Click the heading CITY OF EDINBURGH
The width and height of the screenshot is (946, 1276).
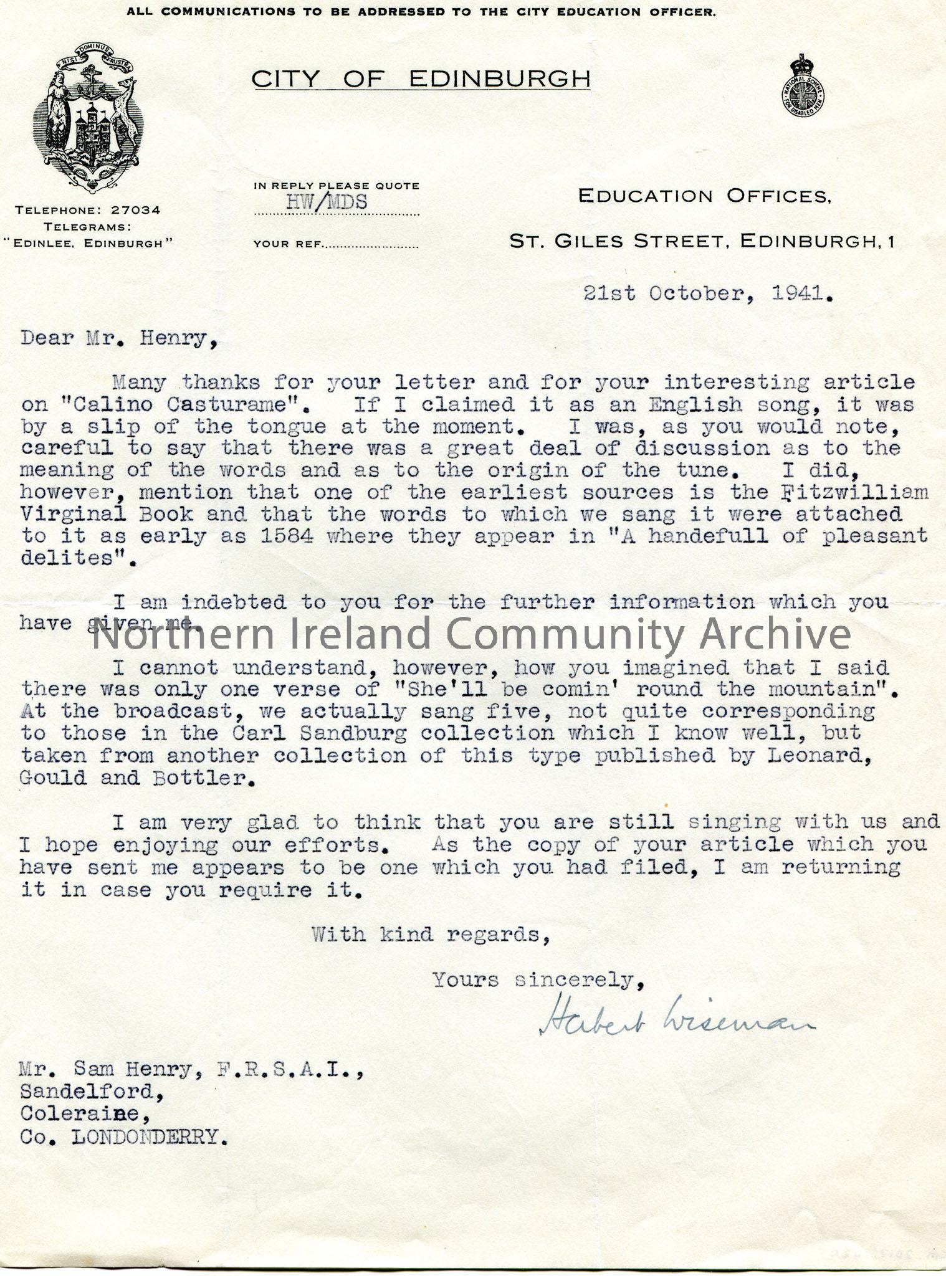pos(421,79)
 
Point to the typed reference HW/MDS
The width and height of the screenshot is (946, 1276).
pos(326,201)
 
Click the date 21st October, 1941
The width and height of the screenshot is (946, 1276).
pos(708,293)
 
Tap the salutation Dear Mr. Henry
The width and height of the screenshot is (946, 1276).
pos(119,339)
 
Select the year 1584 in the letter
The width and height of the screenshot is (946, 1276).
pos(287,536)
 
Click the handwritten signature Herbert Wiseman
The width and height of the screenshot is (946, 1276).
pos(676,1024)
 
